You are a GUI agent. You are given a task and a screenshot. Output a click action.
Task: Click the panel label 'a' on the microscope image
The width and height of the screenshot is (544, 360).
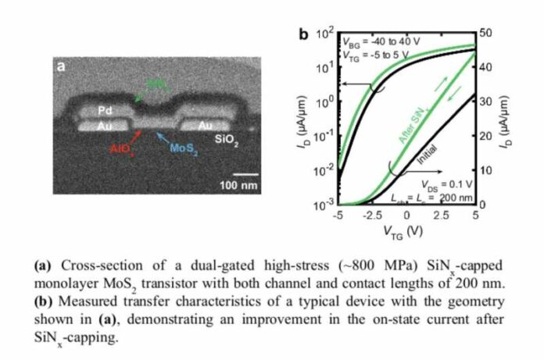point(62,69)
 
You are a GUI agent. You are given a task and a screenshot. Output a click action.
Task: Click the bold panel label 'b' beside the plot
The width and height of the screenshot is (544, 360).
point(305,34)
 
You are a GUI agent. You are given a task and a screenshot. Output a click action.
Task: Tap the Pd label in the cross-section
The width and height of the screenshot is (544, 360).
point(106,112)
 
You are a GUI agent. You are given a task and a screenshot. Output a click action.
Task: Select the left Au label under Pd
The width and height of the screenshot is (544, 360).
point(106,125)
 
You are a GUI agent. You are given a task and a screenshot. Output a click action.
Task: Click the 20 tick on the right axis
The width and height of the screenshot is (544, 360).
point(485,136)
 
